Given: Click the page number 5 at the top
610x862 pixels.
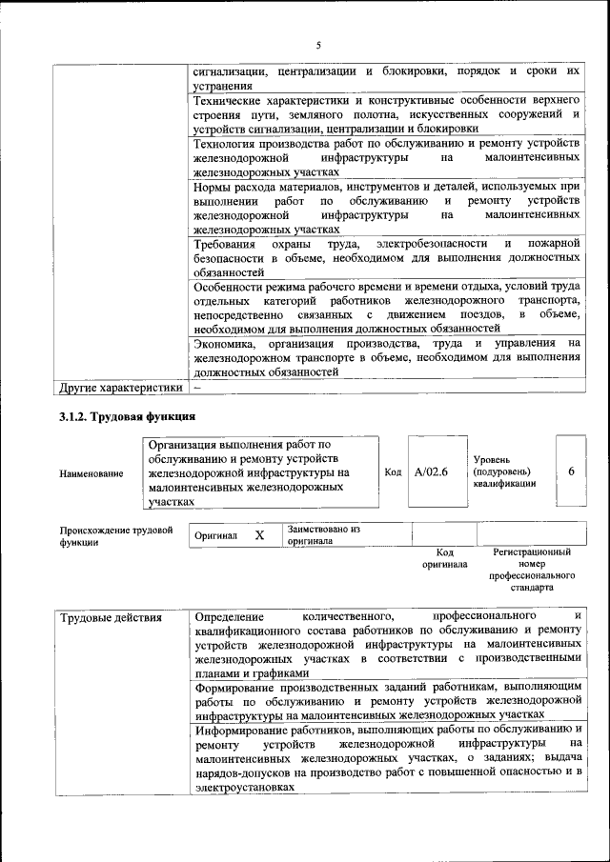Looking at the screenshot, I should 318,45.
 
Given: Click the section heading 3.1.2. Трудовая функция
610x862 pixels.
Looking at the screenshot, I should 127,416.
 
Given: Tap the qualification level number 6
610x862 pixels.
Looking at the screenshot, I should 571,471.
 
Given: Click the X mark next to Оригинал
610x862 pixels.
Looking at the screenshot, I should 259,535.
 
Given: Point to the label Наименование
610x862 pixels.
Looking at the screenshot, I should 91,473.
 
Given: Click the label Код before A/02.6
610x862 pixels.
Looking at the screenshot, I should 393,471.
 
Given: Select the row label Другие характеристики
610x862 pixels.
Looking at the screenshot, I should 120,388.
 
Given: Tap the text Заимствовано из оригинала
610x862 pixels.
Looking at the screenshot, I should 323,534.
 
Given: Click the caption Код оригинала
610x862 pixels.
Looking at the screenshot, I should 444,558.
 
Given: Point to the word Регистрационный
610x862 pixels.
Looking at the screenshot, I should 532,551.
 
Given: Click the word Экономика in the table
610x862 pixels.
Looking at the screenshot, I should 225,343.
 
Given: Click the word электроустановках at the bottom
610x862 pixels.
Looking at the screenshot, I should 243,788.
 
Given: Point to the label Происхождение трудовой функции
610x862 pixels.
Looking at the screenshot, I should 116,535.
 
